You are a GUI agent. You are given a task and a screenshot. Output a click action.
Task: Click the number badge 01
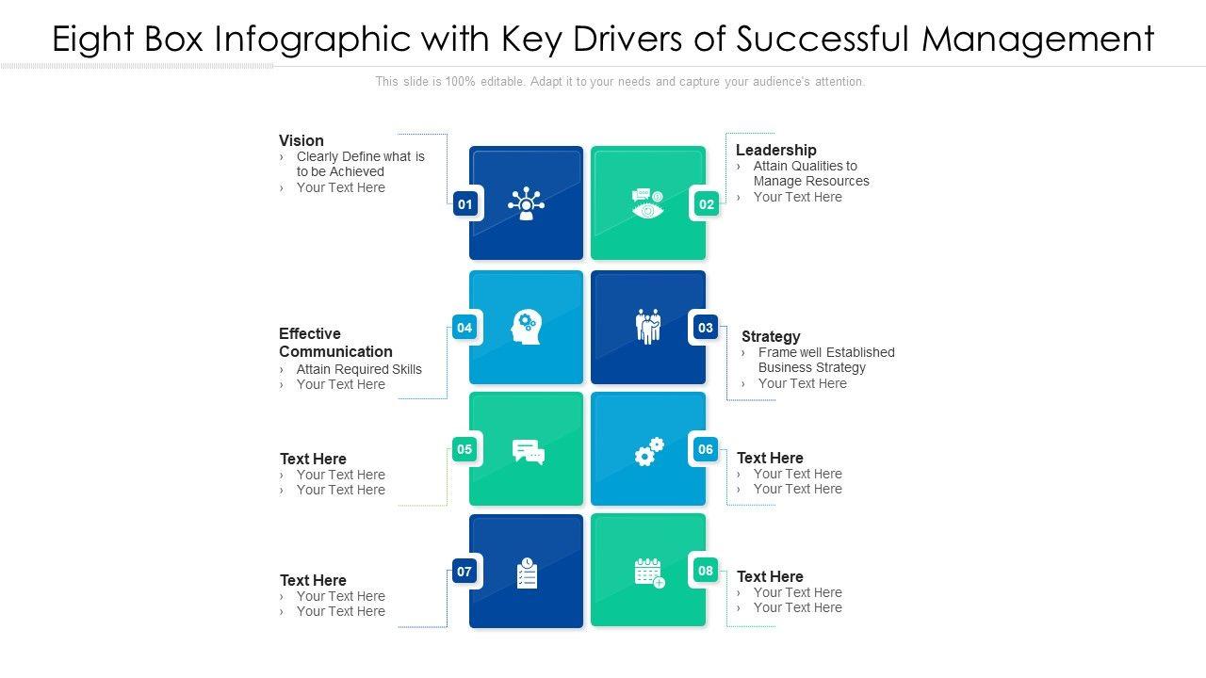tap(464, 203)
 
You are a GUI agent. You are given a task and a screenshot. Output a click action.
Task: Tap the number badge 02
tap(707, 203)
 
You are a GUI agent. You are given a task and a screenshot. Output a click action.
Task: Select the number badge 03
tap(705, 328)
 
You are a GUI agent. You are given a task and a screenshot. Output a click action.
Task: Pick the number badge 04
tap(464, 328)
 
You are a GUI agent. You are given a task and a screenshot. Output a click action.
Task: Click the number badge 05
tap(464, 449)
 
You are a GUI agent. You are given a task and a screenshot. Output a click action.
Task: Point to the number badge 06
tap(705, 449)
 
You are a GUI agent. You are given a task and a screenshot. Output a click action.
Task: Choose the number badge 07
tap(464, 571)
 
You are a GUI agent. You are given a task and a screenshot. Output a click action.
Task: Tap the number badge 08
tap(706, 570)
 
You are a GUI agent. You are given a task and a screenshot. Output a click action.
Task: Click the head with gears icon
tap(526, 327)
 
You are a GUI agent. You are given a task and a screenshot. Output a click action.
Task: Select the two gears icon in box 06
tap(648, 451)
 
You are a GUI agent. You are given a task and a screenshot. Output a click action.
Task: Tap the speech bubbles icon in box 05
tap(528, 452)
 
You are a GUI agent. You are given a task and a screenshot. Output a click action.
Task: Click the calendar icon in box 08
tap(649, 573)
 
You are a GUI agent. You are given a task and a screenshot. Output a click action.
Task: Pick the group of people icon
tap(648, 326)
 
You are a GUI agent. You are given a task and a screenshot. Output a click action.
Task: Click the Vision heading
tap(301, 140)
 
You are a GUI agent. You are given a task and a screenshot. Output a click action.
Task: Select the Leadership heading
tap(775, 150)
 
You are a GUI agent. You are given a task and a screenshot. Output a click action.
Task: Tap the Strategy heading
tap(771, 336)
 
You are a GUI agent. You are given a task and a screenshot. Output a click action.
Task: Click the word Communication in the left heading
tap(335, 351)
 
